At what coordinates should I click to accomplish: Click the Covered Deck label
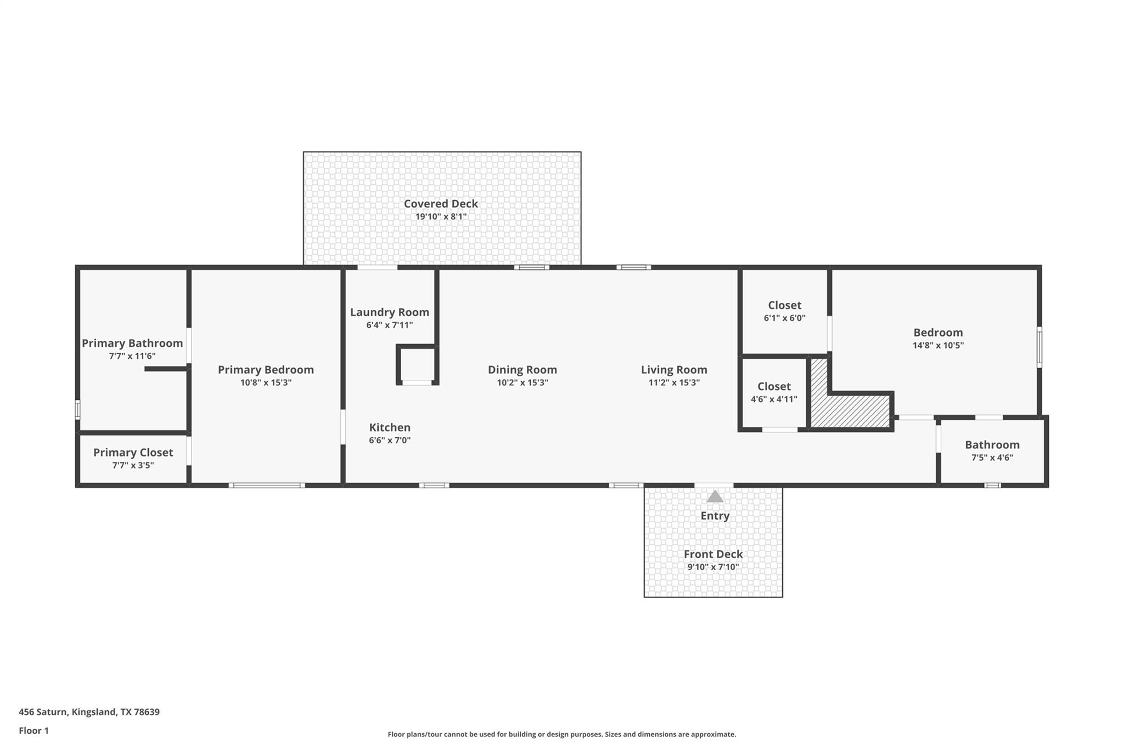click(x=441, y=204)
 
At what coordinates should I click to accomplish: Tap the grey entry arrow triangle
click(x=715, y=497)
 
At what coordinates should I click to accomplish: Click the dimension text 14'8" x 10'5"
click(x=938, y=345)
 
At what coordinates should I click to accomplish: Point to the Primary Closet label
click(x=133, y=452)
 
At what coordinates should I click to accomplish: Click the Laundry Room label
click(x=390, y=312)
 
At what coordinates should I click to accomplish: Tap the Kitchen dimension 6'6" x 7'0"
click(x=390, y=440)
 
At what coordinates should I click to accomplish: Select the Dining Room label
click(x=522, y=370)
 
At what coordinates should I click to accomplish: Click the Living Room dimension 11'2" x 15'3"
click(x=674, y=382)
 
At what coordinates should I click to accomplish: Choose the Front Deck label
click(x=713, y=554)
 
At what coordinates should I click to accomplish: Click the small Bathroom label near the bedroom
click(x=992, y=444)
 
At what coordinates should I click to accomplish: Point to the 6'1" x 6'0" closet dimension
click(x=784, y=318)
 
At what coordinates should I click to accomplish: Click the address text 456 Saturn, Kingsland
click(x=89, y=712)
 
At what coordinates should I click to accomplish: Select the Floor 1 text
click(x=33, y=730)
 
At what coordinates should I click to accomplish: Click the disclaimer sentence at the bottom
click(x=561, y=734)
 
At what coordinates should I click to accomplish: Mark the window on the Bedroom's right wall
click(x=1039, y=347)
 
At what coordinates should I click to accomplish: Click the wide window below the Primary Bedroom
click(x=267, y=485)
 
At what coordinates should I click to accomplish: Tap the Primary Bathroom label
click(x=132, y=343)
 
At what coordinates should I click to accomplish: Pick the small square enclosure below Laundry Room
click(x=417, y=364)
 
